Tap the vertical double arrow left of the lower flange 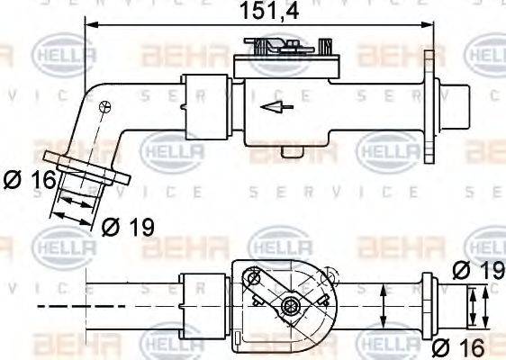pyautogui.click(x=384, y=307)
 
